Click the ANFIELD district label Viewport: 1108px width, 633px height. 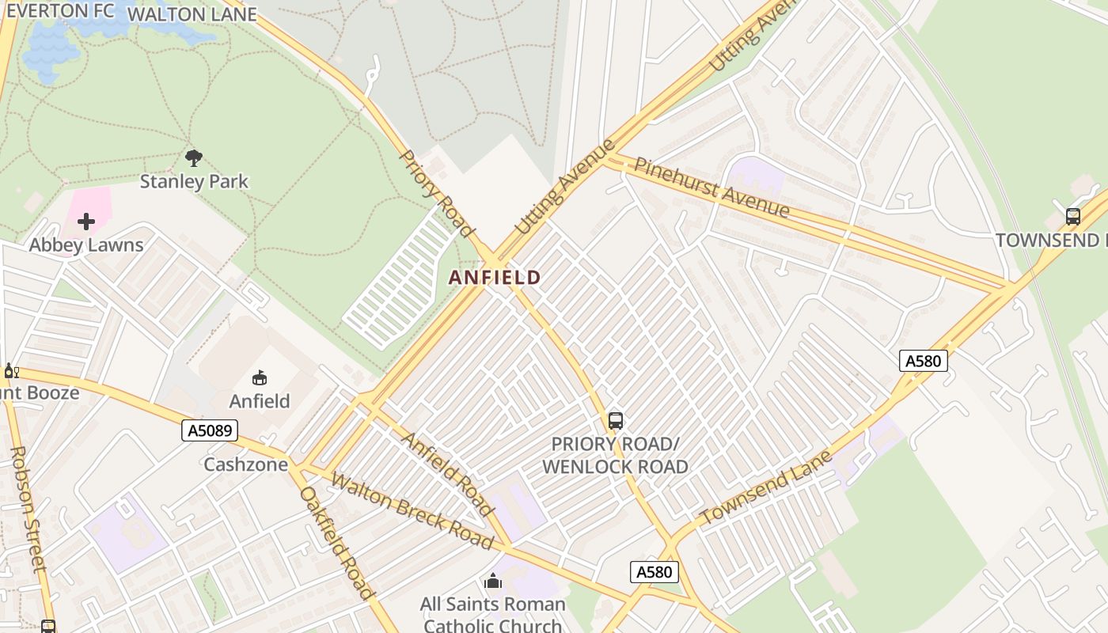pyautogui.click(x=495, y=278)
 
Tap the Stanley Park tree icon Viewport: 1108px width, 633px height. pyautogui.click(x=193, y=157)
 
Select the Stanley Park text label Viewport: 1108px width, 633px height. pyautogui.click(x=194, y=181)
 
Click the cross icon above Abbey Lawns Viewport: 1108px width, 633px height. pyautogui.click(x=86, y=222)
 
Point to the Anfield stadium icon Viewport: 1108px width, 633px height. pyautogui.click(x=260, y=378)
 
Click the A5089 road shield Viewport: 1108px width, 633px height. pyautogui.click(x=210, y=430)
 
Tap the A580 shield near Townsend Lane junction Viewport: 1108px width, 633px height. pyautogui.click(x=924, y=361)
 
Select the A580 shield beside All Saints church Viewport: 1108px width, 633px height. pyautogui.click(x=655, y=571)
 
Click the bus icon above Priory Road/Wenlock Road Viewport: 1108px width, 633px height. pyautogui.click(x=616, y=421)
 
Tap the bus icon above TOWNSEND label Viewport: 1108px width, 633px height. pyautogui.click(x=1073, y=216)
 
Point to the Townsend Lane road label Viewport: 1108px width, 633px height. pyautogui.click(x=766, y=487)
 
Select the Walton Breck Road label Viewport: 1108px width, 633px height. pyautogui.click(x=412, y=510)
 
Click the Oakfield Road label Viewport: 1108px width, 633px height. pyautogui.click(x=336, y=543)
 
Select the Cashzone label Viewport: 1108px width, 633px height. pyautogui.click(x=245, y=464)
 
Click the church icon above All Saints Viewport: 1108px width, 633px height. pyautogui.click(x=493, y=582)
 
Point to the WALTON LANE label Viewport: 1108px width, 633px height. pyautogui.click(x=192, y=14)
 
